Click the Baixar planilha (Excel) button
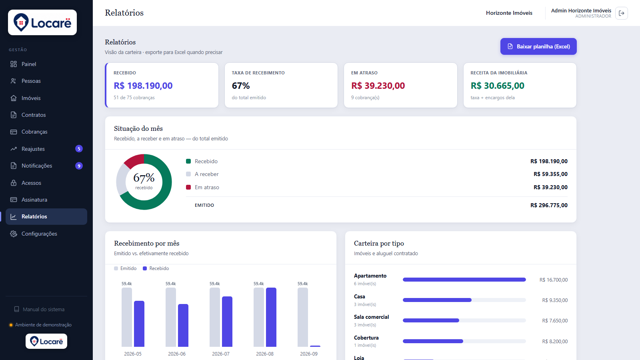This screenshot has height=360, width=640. point(538,46)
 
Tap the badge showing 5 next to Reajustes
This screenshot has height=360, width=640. point(79,148)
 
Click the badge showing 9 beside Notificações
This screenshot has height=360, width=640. point(79,166)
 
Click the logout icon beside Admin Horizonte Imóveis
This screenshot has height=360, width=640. point(622,13)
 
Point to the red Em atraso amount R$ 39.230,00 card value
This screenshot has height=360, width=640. point(378,86)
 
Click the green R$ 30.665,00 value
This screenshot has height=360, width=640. point(497,86)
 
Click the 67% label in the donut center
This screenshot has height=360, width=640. point(144,178)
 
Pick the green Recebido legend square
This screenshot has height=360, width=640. point(188,161)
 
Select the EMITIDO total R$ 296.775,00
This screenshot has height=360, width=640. point(549,205)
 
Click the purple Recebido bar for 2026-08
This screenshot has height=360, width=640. point(271,317)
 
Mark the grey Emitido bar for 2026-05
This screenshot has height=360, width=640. point(126,317)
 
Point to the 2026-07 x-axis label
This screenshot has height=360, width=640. point(220,354)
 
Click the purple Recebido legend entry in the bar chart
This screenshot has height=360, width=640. point(156,268)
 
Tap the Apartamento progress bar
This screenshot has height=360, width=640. point(464,280)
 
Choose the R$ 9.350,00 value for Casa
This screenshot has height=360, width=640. point(555,300)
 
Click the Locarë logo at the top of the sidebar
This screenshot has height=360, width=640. point(42,22)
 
